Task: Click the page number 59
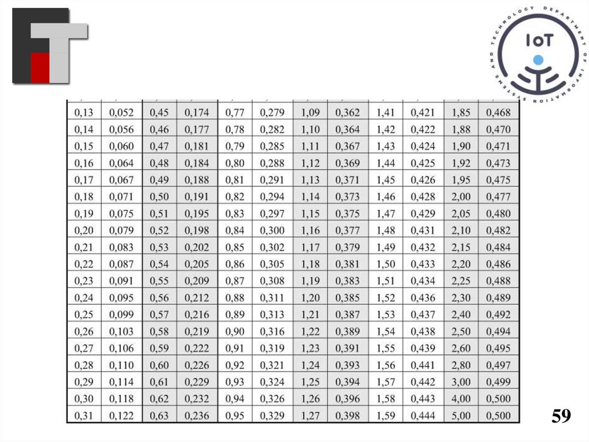[x=561, y=416]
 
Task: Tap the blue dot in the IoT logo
[x=538, y=59]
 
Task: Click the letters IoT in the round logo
[x=540, y=40]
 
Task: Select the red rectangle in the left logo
[x=40, y=68]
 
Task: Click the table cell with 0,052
[x=121, y=112]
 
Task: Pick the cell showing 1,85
[x=461, y=112]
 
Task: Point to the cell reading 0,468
[x=499, y=112]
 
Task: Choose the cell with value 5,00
[x=461, y=415]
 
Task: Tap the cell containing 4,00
[x=461, y=399]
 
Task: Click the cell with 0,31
[x=84, y=415]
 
